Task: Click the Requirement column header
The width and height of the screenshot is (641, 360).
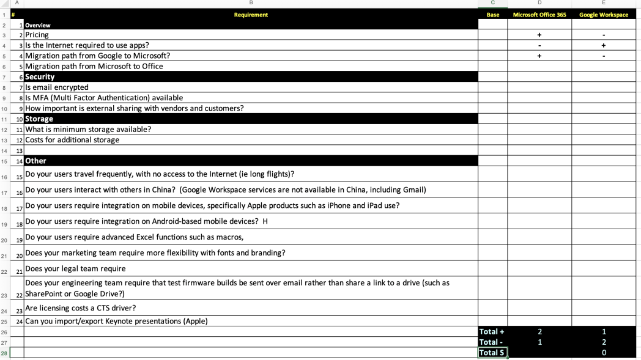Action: coord(251,15)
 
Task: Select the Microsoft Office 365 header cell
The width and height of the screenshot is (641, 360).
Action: coord(539,15)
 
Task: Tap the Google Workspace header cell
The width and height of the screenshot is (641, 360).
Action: coord(603,15)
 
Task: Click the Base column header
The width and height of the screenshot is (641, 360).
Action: coord(492,15)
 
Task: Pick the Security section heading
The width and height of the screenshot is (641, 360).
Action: coord(40,77)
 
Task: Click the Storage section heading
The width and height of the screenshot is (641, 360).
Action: coord(39,119)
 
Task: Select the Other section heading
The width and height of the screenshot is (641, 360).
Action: coord(35,161)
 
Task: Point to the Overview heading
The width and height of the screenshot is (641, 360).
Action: coord(38,25)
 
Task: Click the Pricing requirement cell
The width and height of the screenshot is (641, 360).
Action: coord(37,35)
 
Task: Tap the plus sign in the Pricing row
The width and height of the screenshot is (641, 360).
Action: coord(539,35)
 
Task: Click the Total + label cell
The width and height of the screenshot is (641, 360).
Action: coord(492,332)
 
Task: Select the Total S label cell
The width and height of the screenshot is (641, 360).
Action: coord(492,353)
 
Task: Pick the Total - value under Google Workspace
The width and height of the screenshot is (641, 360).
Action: coord(603,342)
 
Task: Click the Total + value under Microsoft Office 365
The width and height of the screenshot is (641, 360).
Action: coord(539,332)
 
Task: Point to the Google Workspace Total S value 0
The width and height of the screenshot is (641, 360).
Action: coord(603,353)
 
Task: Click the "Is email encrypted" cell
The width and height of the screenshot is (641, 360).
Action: coord(57,87)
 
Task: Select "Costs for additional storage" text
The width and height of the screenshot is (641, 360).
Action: coord(72,140)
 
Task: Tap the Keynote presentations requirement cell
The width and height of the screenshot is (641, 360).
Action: coord(116,321)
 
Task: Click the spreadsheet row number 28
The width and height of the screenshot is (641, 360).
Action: coord(4,353)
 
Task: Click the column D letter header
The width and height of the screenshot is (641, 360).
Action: coord(539,3)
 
